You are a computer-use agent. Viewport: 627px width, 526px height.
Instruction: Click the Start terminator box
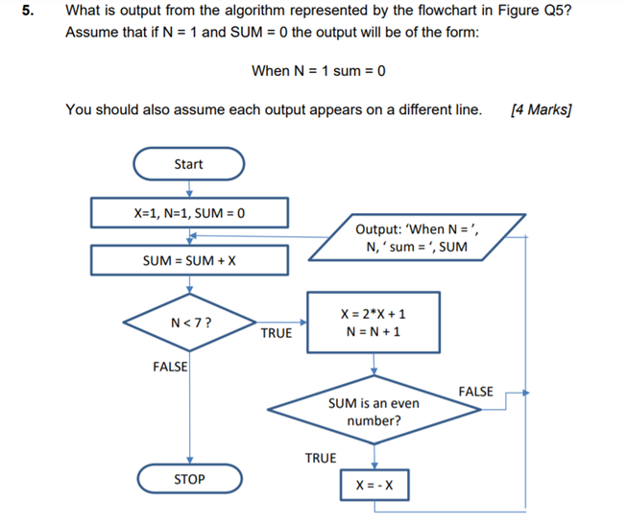coord(188,164)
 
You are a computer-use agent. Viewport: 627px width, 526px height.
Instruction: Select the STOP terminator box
coord(188,478)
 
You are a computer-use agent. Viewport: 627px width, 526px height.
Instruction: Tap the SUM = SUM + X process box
coord(189,260)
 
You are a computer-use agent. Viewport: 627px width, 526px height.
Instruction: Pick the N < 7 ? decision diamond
coord(189,323)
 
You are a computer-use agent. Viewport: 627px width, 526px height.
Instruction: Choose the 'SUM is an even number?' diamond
coord(374,412)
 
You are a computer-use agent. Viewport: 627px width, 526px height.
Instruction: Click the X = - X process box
coord(374,486)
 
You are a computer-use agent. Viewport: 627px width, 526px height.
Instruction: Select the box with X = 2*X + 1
coord(374,323)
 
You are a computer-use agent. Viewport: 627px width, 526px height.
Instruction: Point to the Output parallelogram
coord(418,237)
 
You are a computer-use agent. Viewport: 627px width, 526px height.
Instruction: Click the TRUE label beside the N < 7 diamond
coord(276,333)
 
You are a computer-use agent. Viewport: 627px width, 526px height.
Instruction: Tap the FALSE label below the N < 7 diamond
coord(170,367)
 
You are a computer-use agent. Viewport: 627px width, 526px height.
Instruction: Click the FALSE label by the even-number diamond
coord(475,391)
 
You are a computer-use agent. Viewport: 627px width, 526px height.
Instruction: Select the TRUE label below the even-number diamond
coord(321,458)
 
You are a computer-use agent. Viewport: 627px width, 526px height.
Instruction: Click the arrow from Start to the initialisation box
coord(189,188)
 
